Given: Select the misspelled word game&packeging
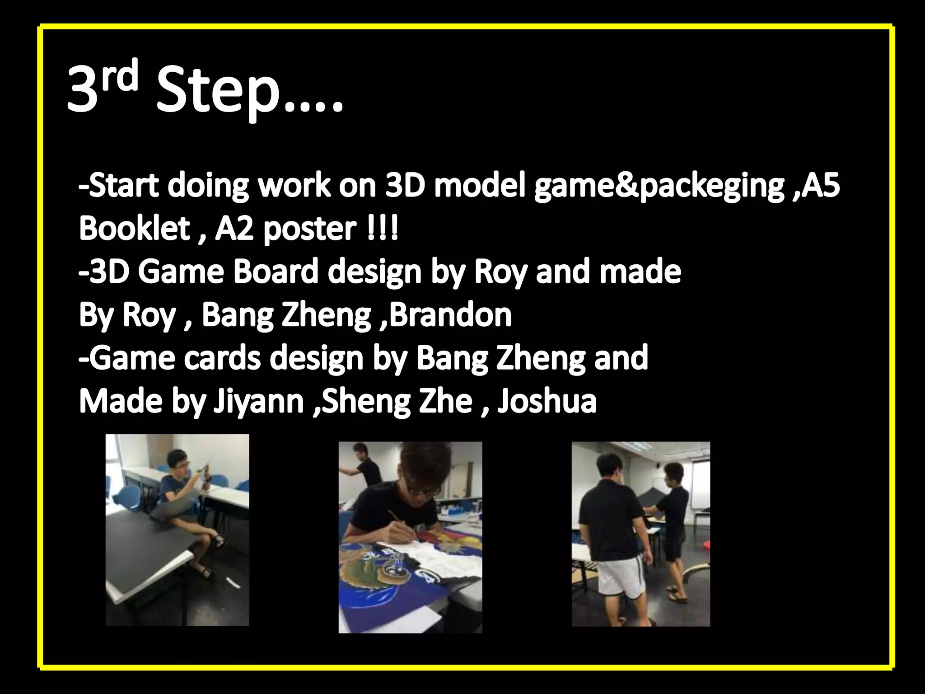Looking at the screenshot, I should pos(659,186).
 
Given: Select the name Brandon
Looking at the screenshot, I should pos(449,315).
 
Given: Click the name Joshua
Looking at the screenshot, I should pos(546,401).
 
